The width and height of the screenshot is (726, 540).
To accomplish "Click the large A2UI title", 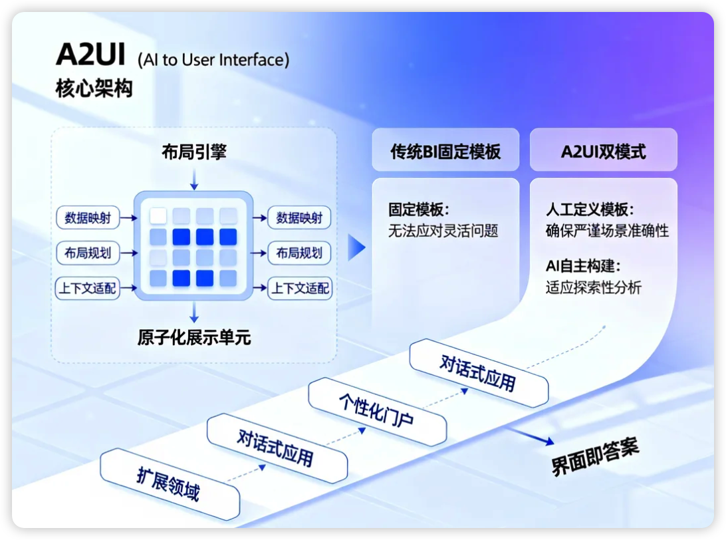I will coord(90,55).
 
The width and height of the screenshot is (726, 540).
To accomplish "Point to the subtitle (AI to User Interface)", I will coord(213,60).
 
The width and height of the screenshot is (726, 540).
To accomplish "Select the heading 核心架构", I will coord(94,88).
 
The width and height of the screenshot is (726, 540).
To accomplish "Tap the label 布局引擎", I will coord(193,152).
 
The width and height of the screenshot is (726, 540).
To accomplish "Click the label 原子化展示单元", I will coord(194,338).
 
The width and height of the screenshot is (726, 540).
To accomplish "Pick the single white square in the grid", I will coord(158,215).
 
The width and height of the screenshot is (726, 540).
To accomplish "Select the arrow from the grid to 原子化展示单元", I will coord(193,313).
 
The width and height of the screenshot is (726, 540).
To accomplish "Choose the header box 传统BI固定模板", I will coord(445,151).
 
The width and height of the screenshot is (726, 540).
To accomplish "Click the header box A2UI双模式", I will coord(603,151).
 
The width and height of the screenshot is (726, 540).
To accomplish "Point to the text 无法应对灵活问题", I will coord(443,231).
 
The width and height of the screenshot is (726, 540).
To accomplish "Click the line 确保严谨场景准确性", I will coord(606,231).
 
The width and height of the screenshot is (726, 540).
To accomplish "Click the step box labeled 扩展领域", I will coord(169,483).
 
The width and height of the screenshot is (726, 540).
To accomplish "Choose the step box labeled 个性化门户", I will coord(376,411).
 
